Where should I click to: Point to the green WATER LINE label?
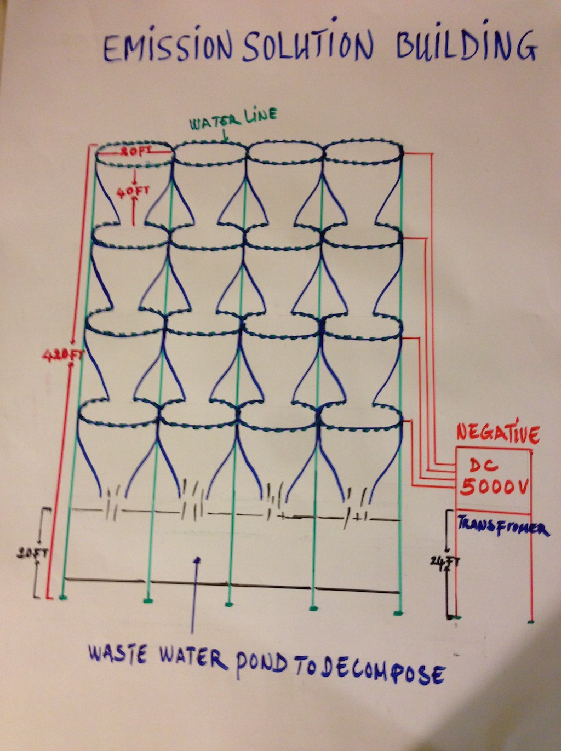(x=233, y=118)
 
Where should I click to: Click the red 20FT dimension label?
(x=135, y=152)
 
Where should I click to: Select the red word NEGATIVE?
(x=497, y=434)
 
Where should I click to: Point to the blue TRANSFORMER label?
(x=502, y=528)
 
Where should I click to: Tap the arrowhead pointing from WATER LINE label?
(x=225, y=140)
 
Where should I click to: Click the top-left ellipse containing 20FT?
(x=135, y=155)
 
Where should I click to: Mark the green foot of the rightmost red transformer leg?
(x=531, y=622)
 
